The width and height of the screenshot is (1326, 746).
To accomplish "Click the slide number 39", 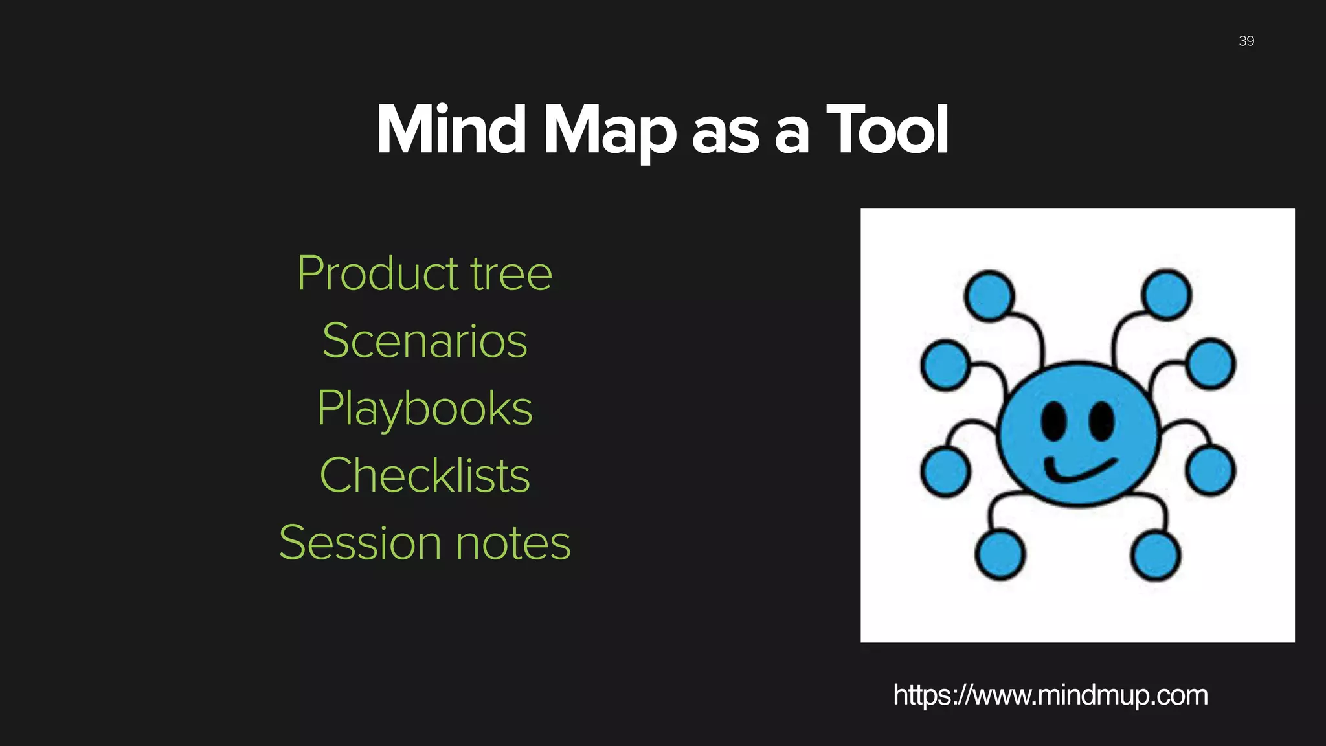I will [1246, 41].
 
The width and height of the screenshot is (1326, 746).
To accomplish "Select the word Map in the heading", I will [609, 131].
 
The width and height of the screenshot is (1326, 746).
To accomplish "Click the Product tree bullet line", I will [425, 274].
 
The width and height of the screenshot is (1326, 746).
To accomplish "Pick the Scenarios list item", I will [425, 341].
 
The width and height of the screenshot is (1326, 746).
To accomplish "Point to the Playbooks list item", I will [425, 409].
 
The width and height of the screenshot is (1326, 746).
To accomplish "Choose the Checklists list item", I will [425, 476].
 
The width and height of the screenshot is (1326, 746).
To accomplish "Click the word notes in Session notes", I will [513, 543].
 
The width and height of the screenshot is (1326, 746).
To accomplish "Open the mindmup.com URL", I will [1050, 695].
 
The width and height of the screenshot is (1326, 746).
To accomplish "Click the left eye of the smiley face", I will [1053, 421].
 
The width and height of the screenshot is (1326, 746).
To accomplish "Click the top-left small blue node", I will [989, 295].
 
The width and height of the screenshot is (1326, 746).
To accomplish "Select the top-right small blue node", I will [1167, 295].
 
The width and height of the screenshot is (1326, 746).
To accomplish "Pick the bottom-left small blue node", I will [1000, 554].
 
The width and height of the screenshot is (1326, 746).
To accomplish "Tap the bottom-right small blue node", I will [1156, 555].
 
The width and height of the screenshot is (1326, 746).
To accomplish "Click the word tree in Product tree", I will [511, 274].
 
